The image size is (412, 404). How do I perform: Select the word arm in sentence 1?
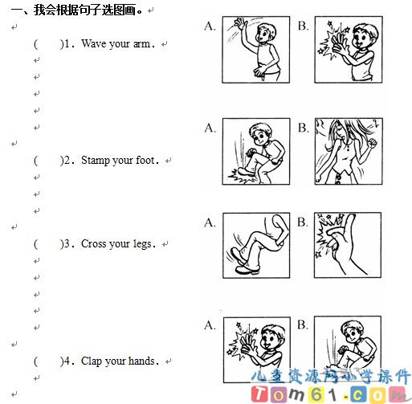(141, 43)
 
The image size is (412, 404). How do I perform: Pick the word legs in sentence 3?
(142, 244)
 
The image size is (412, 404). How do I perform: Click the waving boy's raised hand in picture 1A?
(240, 23)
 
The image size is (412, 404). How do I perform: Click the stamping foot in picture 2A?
(245, 171)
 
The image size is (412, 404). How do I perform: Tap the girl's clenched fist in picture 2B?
(372, 143)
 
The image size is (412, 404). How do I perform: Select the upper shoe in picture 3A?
(238, 255)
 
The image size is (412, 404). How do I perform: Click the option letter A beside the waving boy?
(210, 27)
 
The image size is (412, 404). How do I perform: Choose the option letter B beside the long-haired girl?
(304, 128)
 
